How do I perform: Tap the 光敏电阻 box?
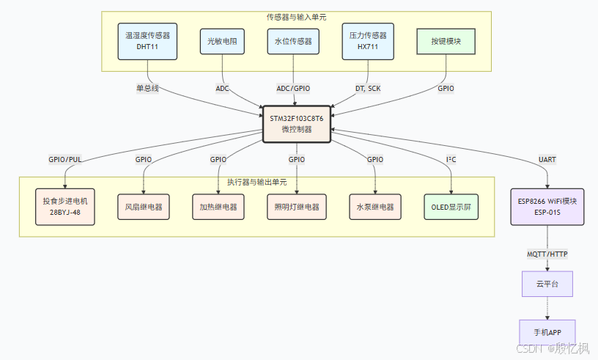(222, 42)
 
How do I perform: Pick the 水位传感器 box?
(293, 42)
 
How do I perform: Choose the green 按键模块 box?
(446, 42)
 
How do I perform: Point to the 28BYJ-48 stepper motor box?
(65, 207)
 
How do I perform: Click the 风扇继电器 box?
(144, 207)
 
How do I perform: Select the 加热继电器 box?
(218, 207)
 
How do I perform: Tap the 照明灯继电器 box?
(296, 207)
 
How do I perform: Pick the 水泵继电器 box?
(374, 207)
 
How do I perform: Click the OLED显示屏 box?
(451, 207)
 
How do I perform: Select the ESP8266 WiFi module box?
(547, 207)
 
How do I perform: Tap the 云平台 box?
(547, 283)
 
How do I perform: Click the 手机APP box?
(547, 331)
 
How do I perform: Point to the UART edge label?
(547, 159)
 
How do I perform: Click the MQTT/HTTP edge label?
(547, 254)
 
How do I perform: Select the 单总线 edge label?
(147, 88)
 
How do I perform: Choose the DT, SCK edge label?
(367, 88)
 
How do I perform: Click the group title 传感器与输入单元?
(296, 16)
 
